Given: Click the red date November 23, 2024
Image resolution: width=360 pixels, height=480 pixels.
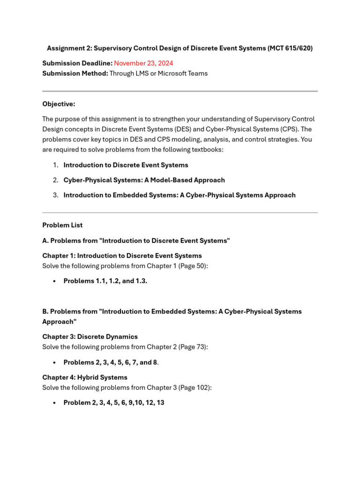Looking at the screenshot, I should (143, 63).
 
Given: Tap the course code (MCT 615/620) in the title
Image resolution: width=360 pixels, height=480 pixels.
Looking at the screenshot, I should (290, 48).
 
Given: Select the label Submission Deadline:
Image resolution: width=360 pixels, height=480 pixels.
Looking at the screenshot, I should (77, 63).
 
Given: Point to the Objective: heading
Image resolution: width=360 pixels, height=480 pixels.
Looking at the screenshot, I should (59, 104).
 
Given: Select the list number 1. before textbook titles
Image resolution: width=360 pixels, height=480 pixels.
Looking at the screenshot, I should (55, 165).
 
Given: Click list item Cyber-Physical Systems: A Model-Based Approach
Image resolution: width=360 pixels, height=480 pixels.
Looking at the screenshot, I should (144, 180).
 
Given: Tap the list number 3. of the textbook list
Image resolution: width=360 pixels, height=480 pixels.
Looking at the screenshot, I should (55, 195).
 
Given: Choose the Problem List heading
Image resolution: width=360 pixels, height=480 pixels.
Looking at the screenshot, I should (62, 225).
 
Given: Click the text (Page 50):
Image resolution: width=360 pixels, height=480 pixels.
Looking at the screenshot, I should (193, 266).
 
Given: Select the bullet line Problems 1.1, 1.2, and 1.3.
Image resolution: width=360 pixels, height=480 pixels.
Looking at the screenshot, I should (105, 281).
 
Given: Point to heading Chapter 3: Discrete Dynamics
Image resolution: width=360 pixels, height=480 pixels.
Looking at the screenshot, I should (90, 337).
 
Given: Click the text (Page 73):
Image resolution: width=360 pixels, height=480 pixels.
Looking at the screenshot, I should (193, 347).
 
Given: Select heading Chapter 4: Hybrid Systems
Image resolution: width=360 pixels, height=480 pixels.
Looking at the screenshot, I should (84, 377).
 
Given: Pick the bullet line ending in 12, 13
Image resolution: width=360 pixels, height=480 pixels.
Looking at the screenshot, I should (113, 403).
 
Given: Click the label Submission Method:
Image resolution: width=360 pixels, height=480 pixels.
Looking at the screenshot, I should (75, 74).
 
